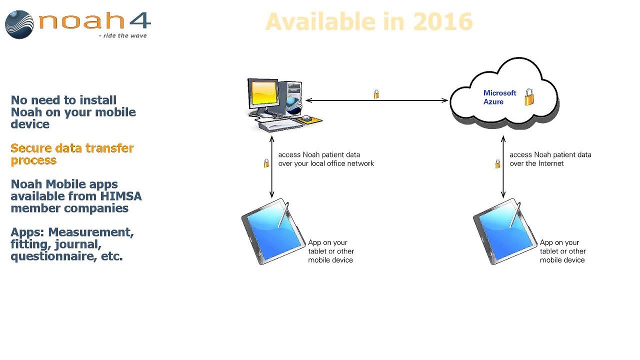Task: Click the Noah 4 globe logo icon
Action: [x=19, y=24]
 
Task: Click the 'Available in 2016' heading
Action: [x=369, y=21]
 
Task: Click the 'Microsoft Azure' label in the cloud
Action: [x=499, y=97]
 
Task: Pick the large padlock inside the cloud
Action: [x=529, y=97]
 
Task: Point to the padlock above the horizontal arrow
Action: [x=376, y=94]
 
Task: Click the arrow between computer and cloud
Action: [x=376, y=100]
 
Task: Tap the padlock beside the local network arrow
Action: [x=266, y=163]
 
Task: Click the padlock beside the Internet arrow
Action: [x=497, y=163]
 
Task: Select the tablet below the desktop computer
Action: [x=272, y=232]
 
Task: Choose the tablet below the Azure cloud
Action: [x=504, y=232]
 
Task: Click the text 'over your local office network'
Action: [x=326, y=163]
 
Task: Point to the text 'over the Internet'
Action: [x=536, y=163]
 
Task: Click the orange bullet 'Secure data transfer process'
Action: [x=72, y=154]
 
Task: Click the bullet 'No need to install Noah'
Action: [x=73, y=112]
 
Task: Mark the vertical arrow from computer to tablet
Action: [x=272, y=168]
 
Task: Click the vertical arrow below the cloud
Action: [x=503, y=167]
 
